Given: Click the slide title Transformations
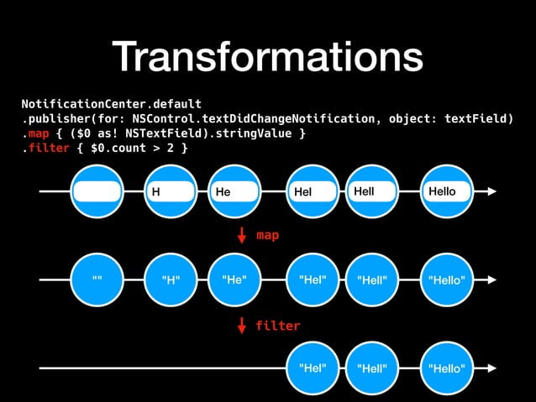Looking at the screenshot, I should (268, 57).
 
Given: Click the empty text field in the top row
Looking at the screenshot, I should (97, 192).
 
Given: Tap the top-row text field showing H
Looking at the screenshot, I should (171, 192).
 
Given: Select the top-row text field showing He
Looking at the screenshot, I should (236, 192).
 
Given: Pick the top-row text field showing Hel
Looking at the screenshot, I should (312, 192).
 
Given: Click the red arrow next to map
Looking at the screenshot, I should (243, 236).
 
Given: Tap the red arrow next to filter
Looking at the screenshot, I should (243, 326).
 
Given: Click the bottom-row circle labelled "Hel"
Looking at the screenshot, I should (312, 368).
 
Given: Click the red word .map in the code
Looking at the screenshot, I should (36, 133).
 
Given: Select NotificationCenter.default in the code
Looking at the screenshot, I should (111, 103).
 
